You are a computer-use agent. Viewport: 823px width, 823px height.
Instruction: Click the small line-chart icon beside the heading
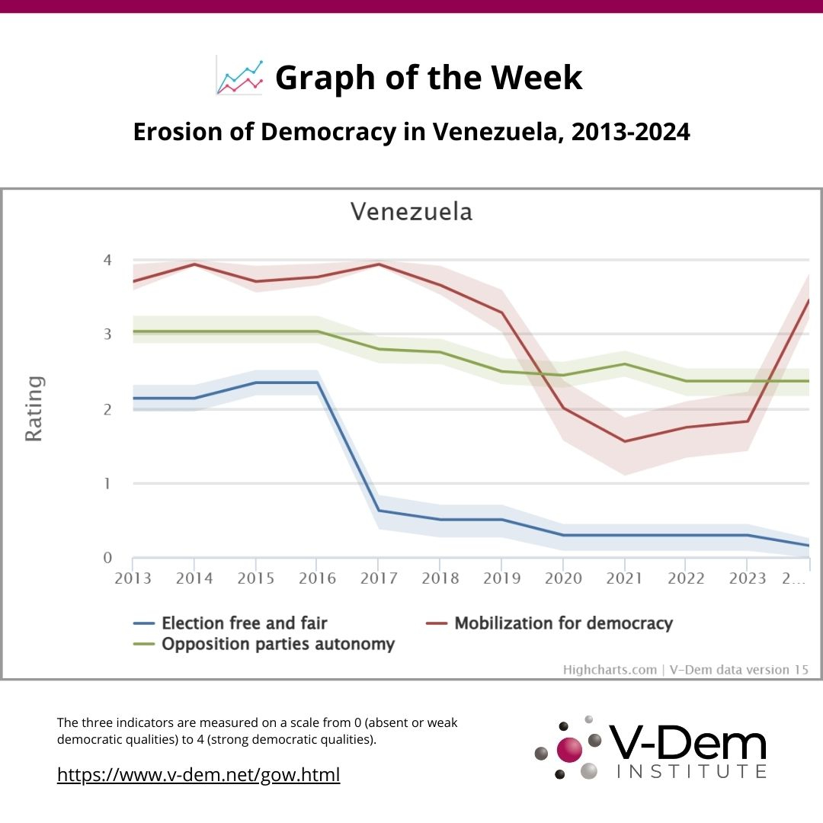[x=239, y=77]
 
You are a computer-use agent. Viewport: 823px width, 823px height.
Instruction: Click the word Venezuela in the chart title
[x=411, y=211]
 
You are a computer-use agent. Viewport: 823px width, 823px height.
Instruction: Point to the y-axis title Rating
[x=34, y=408]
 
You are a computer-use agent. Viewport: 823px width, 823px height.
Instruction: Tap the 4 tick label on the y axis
[x=107, y=261]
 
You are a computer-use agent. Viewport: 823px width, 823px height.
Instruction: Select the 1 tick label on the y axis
[x=107, y=484]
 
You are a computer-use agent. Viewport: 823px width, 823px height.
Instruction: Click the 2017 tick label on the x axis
[x=379, y=578]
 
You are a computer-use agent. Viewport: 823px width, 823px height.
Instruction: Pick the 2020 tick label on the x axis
[x=563, y=578]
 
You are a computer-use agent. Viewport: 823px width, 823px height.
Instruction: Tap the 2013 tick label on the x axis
[x=133, y=578]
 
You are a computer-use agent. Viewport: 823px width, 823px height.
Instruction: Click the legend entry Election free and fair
[x=244, y=623]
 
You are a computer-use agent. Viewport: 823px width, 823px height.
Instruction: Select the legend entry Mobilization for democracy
[x=563, y=623]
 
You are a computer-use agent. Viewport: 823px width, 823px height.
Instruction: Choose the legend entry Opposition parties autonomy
[x=277, y=644]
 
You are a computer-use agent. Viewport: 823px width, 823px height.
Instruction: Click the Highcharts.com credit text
[x=610, y=670]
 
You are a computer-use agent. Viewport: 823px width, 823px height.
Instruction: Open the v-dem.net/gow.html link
[x=199, y=775]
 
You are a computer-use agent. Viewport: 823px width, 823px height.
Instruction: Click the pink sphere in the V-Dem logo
[x=568, y=749]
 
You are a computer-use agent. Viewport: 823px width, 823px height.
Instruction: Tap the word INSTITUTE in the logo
[x=690, y=772]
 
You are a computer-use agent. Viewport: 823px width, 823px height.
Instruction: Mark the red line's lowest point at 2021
[x=625, y=441]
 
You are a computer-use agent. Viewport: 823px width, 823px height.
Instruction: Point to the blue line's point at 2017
[x=379, y=511]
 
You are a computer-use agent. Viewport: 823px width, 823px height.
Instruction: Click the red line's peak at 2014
[x=194, y=264]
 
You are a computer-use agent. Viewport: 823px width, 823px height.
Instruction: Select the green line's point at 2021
[x=625, y=364]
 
